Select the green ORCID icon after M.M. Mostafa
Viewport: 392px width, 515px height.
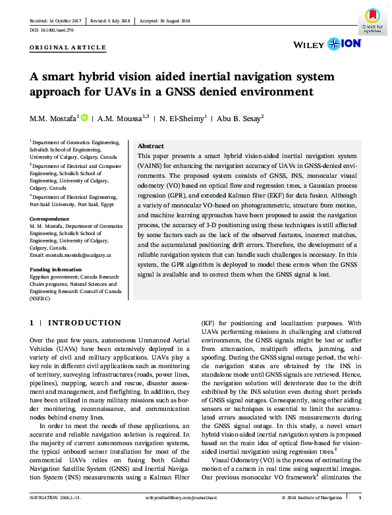click(83, 118)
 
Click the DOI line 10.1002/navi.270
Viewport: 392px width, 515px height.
click(52, 30)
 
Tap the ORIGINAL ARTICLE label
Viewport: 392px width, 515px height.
click(67, 47)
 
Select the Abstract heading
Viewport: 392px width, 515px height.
click(150, 146)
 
